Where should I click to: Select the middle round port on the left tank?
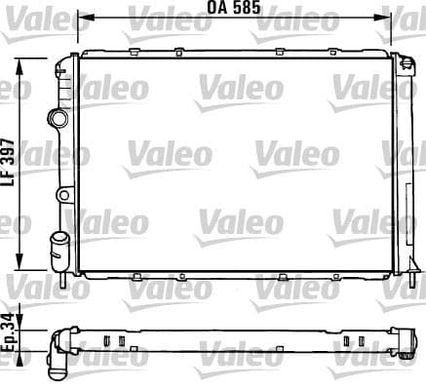coord(63,195)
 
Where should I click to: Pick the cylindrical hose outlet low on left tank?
coord(58,241)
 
